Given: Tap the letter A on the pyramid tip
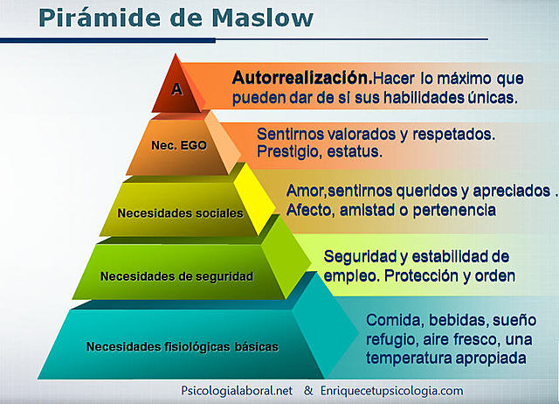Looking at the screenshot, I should tap(176, 88).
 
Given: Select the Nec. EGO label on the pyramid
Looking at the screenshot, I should tap(177, 146).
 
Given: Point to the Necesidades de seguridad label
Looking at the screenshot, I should tap(176, 276).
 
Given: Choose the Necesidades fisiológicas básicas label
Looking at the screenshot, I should tap(183, 346).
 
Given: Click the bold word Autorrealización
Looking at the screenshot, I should tap(295, 77).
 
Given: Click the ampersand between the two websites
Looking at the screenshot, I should tap(308, 391).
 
